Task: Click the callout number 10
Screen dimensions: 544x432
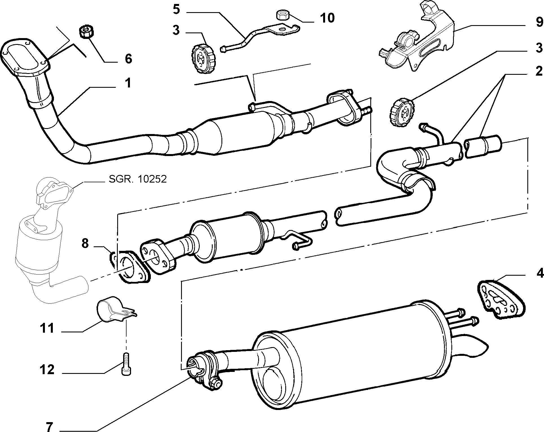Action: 327,18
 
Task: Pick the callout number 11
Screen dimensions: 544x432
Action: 47,328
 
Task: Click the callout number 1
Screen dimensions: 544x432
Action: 128,83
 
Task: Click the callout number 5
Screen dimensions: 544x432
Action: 176,9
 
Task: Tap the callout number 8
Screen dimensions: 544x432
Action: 85,243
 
